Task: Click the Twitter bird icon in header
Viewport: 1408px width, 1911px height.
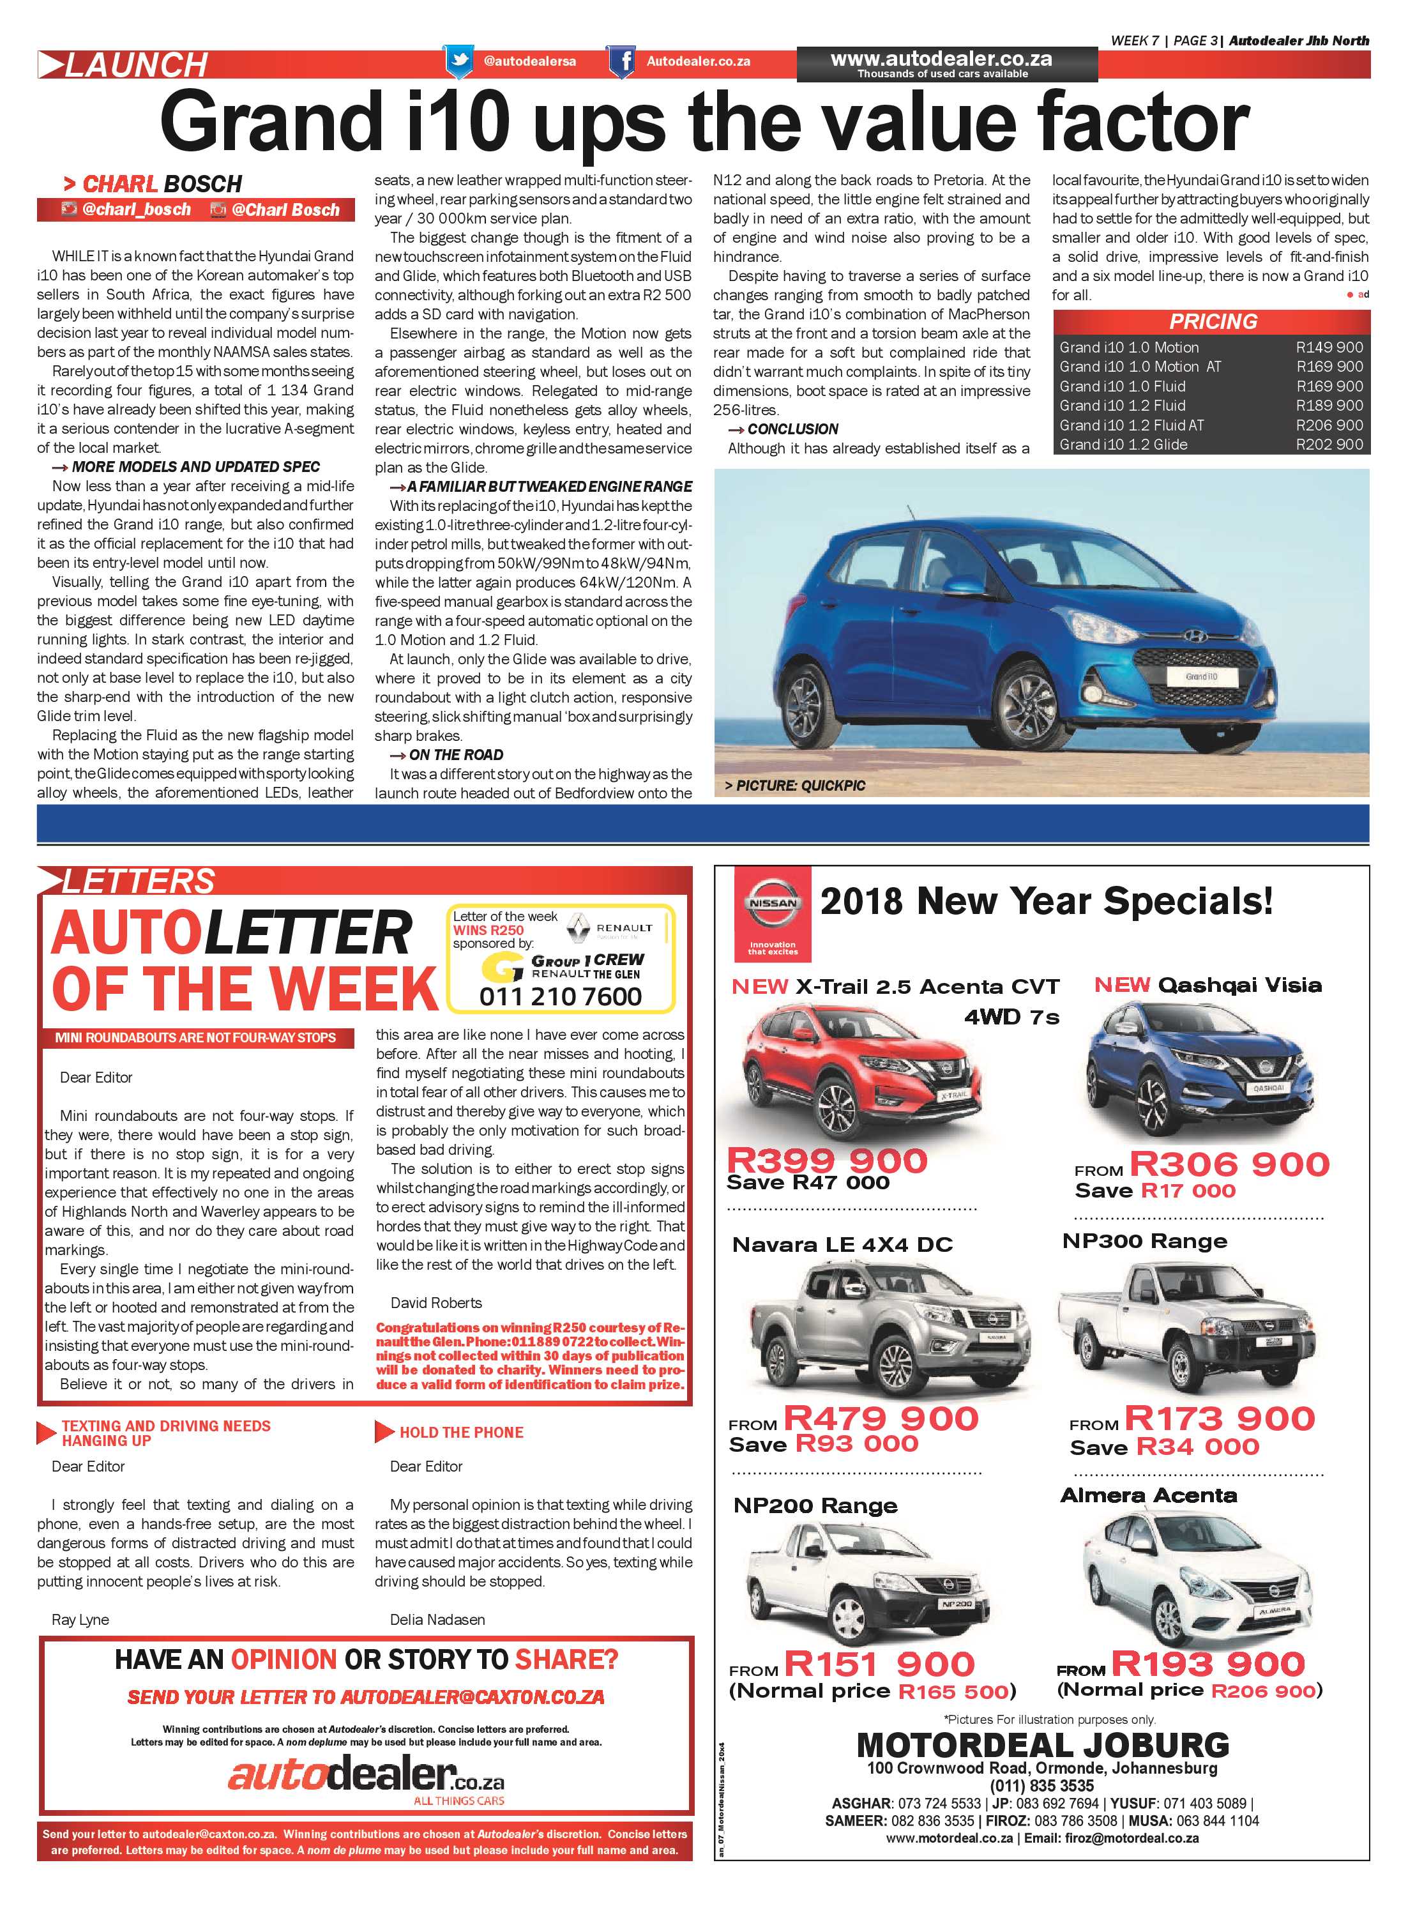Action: pos(458,61)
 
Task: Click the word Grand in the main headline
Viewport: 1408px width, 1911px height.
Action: pos(270,125)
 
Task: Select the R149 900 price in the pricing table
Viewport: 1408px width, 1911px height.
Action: pos(1329,347)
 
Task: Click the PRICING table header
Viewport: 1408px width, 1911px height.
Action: pos(1212,321)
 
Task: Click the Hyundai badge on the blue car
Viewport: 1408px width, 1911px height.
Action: pos(1191,635)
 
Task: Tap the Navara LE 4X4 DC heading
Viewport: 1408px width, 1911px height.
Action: pos(841,1244)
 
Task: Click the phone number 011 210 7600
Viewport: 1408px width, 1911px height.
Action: pos(560,996)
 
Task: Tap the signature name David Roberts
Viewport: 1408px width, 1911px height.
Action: pos(435,1302)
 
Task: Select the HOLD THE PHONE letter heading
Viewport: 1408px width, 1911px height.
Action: pos(461,1433)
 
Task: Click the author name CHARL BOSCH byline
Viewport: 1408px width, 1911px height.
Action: pos(162,184)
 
